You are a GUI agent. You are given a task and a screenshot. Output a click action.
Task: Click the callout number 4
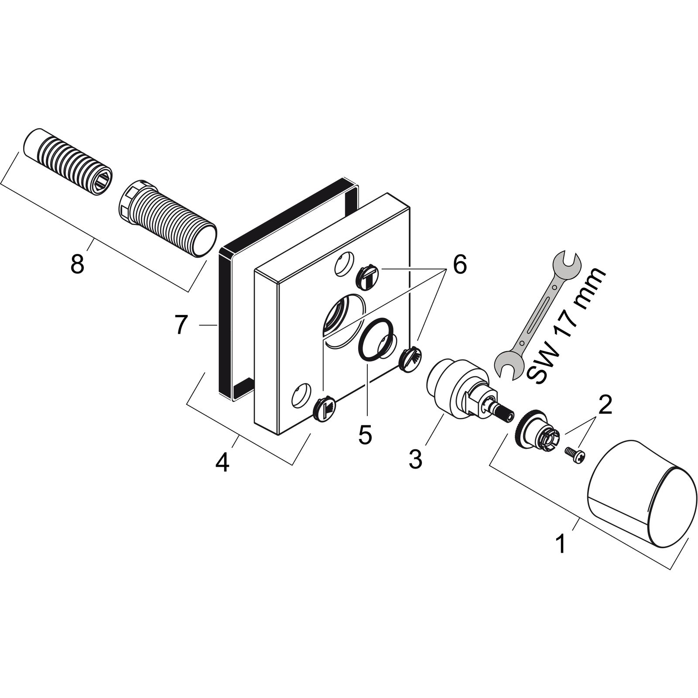pyautogui.click(x=222, y=463)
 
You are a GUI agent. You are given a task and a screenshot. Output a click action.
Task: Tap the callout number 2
pyautogui.click(x=605, y=405)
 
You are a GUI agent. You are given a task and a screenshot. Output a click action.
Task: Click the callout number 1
pyautogui.click(x=561, y=544)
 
